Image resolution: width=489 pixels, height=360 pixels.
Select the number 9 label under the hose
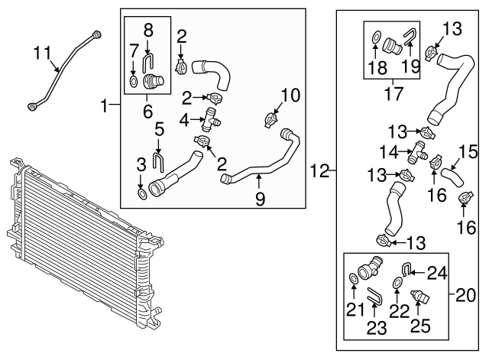[x=259, y=199]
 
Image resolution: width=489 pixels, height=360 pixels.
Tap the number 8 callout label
[x=148, y=31]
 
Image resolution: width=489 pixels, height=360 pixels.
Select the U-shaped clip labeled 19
[x=410, y=34]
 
